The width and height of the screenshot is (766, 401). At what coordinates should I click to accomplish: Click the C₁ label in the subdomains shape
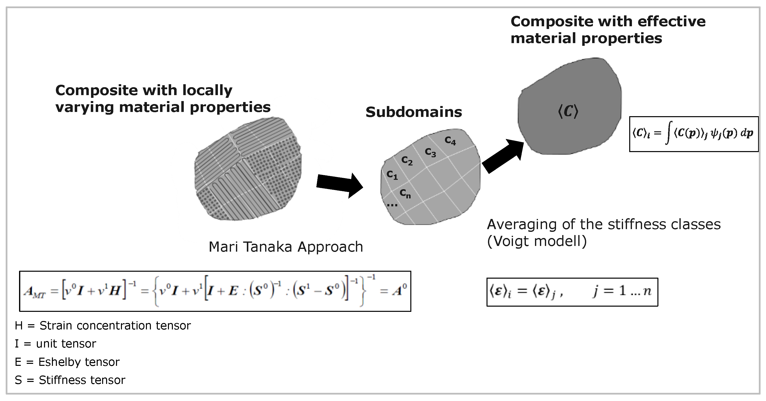pos(392,175)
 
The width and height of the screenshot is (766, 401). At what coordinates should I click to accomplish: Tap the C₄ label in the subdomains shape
pos(450,141)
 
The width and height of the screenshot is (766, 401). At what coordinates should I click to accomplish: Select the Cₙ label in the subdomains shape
pos(405,194)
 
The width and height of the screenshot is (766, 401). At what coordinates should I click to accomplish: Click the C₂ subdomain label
pos(407,161)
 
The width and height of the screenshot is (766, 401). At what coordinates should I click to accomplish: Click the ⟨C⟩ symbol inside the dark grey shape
pos(568,112)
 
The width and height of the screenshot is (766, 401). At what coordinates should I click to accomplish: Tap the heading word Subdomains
pos(414,112)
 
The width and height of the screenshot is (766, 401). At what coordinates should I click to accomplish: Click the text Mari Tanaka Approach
pos(286,247)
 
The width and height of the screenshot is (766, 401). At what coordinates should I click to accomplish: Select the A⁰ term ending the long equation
pos(399,290)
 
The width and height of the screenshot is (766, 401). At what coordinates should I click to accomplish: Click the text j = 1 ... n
pos(622,291)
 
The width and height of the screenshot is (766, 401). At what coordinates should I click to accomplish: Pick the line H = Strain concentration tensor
pos(103,326)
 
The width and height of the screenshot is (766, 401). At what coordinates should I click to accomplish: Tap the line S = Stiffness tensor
pos(70,380)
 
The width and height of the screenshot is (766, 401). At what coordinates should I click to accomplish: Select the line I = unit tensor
pos(55,344)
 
